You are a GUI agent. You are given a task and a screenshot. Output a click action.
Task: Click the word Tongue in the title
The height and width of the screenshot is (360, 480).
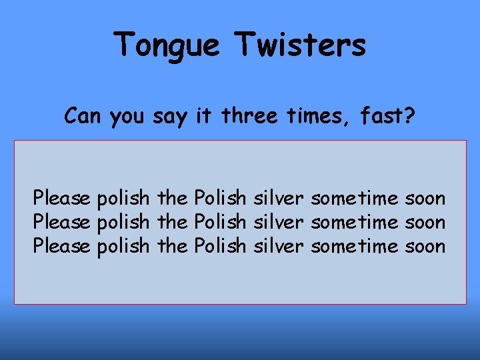pyautogui.click(x=167, y=46)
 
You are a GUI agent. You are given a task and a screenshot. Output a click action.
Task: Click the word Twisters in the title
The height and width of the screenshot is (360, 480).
pyautogui.click(x=300, y=45)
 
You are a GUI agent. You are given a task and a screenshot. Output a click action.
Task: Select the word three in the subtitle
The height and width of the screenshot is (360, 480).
pyautogui.click(x=249, y=116)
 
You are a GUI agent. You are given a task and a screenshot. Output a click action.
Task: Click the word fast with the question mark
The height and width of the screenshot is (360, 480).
pyautogui.click(x=387, y=116)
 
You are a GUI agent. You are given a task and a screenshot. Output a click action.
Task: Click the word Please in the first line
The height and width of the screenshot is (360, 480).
pyautogui.click(x=62, y=198)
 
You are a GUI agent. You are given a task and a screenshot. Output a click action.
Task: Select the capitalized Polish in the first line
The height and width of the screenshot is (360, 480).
pyautogui.click(x=219, y=198)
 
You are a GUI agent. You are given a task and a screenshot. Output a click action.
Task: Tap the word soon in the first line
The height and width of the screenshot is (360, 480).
pyautogui.click(x=425, y=198)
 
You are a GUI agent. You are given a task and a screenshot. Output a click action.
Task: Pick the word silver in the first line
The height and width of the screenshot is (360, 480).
pyautogui.click(x=279, y=198)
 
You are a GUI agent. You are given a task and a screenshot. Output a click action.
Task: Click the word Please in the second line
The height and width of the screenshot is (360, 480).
pyautogui.click(x=62, y=222)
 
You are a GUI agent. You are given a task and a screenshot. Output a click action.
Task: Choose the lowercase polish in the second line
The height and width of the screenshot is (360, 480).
pyautogui.click(x=123, y=223)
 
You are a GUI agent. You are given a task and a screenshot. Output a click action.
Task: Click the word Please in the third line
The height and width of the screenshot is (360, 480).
pyautogui.click(x=62, y=246)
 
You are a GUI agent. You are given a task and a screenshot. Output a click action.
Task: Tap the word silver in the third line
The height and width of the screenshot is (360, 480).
pyautogui.click(x=279, y=246)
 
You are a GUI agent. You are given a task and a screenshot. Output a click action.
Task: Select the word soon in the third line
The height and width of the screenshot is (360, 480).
pyautogui.click(x=425, y=246)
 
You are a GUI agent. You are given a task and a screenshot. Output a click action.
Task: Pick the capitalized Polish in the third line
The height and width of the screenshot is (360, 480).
pyautogui.click(x=219, y=246)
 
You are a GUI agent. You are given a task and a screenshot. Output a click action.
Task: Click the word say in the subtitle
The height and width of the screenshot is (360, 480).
pyautogui.click(x=171, y=117)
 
